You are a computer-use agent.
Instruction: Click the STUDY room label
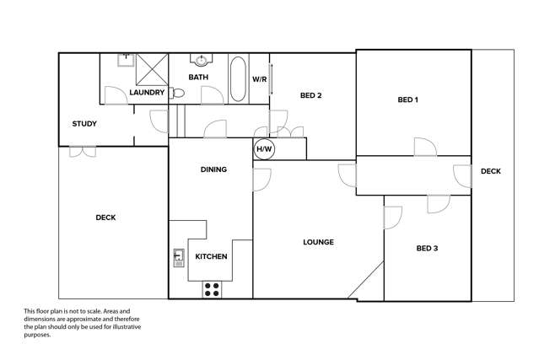[84, 124]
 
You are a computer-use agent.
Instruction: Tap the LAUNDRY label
[147, 93]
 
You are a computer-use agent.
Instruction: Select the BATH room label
[198, 78]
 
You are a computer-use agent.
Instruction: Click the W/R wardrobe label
[259, 79]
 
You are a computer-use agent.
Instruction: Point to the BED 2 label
[311, 95]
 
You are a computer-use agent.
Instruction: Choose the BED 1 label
[407, 100]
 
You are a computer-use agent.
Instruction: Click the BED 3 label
[428, 249]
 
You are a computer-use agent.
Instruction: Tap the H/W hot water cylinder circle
[264, 149]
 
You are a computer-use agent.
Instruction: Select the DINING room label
[213, 169]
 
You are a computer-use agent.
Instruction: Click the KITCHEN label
[211, 256]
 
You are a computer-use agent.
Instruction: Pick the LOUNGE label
[319, 243]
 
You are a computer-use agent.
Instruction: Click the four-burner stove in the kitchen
[211, 289]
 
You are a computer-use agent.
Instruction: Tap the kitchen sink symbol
[178, 256]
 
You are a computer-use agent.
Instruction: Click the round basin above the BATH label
[201, 61]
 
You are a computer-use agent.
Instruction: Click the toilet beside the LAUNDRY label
[176, 93]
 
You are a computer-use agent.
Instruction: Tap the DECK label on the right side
[491, 171]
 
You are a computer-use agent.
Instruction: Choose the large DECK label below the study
[105, 218]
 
